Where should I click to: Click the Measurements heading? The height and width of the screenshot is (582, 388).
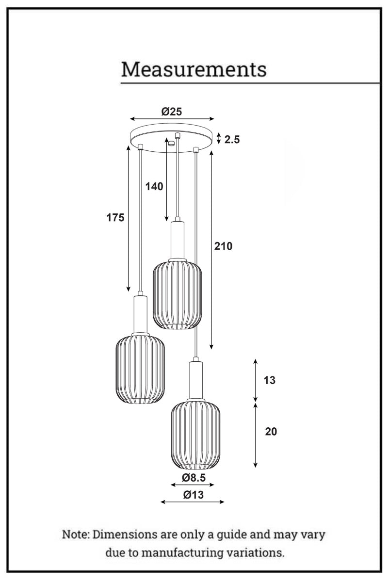pos(194,69)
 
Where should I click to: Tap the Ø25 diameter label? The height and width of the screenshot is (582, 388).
pos(172,112)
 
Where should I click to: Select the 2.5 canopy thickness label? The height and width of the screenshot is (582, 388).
pos(232,140)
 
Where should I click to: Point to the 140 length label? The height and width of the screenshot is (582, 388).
pos(154,186)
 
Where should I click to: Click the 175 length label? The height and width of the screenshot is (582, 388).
pos(115,217)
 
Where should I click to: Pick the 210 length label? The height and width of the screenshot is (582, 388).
pos(223,246)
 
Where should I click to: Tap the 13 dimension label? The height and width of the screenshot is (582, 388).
pos(269,380)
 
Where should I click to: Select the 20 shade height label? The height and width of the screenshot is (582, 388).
pos(271,431)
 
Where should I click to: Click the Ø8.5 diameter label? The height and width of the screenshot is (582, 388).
pos(194,478)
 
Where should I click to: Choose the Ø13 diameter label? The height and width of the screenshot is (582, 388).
pos(194,495)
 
